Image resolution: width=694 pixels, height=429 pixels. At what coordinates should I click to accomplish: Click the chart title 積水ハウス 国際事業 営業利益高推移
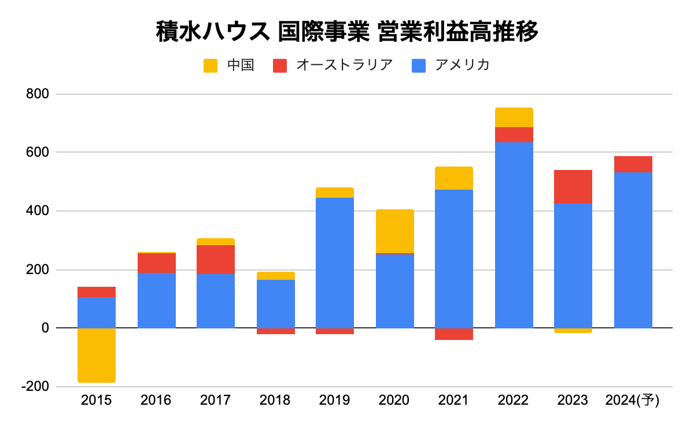[347, 32]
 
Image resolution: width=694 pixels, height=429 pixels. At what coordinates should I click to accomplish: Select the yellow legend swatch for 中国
[211, 65]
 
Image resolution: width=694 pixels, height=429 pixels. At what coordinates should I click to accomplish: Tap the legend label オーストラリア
[344, 65]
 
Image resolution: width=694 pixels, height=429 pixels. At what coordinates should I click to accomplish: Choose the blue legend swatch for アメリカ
[419, 65]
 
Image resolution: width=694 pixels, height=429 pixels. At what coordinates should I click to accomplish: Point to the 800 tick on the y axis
[38, 94]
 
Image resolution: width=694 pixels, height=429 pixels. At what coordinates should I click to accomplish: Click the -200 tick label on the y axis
[36, 387]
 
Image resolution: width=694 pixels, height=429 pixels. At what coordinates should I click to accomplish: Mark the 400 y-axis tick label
[38, 211]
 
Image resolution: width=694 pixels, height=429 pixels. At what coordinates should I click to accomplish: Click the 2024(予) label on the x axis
[632, 400]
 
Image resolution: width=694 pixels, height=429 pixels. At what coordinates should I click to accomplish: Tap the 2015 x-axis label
[97, 400]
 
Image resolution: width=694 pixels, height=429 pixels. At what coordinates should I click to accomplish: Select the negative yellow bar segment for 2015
[97, 355]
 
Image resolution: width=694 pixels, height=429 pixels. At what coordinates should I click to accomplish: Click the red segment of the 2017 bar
[216, 260]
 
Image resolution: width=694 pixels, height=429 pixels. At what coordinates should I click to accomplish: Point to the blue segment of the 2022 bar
[514, 235]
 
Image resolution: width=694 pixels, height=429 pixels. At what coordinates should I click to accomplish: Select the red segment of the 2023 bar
[573, 187]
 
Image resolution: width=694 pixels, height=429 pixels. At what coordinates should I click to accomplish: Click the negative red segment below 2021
[454, 334]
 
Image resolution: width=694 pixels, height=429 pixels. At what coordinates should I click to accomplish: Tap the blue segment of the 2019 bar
[335, 262]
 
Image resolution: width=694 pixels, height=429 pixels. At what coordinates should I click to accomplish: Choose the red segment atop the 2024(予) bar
[633, 164]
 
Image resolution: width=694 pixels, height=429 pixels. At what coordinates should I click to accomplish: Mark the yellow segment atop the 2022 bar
[514, 117]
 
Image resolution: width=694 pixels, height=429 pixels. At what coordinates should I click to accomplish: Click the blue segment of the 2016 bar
[157, 300]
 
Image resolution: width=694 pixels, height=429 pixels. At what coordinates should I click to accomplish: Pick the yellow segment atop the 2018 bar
[276, 276]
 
